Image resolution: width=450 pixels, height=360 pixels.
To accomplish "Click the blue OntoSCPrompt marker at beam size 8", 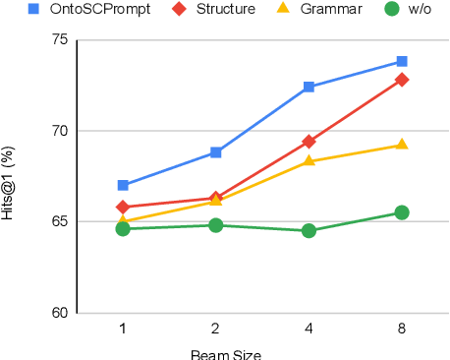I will point(402,61).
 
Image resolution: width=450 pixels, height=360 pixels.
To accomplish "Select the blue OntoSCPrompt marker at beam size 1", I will point(123,185).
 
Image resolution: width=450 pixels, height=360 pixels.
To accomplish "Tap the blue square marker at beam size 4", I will point(309,87).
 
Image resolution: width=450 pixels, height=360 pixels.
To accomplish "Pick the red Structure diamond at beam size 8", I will point(402,80).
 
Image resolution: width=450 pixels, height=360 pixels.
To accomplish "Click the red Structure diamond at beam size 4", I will point(309,142).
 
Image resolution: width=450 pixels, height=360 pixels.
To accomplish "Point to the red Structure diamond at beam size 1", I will point(123,207).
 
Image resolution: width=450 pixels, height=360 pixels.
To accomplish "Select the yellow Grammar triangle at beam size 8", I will point(402,145).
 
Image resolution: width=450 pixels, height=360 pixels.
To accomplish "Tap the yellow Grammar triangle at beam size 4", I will point(309,160).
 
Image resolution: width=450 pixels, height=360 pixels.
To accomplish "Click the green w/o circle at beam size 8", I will point(402,212).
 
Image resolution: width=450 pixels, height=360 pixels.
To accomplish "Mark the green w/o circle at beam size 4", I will point(309,231).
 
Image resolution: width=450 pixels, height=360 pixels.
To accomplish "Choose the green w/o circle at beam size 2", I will point(216,225).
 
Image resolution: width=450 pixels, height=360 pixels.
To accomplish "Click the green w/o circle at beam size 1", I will point(123,229).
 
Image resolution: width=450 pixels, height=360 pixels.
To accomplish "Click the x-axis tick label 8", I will point(402,327).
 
